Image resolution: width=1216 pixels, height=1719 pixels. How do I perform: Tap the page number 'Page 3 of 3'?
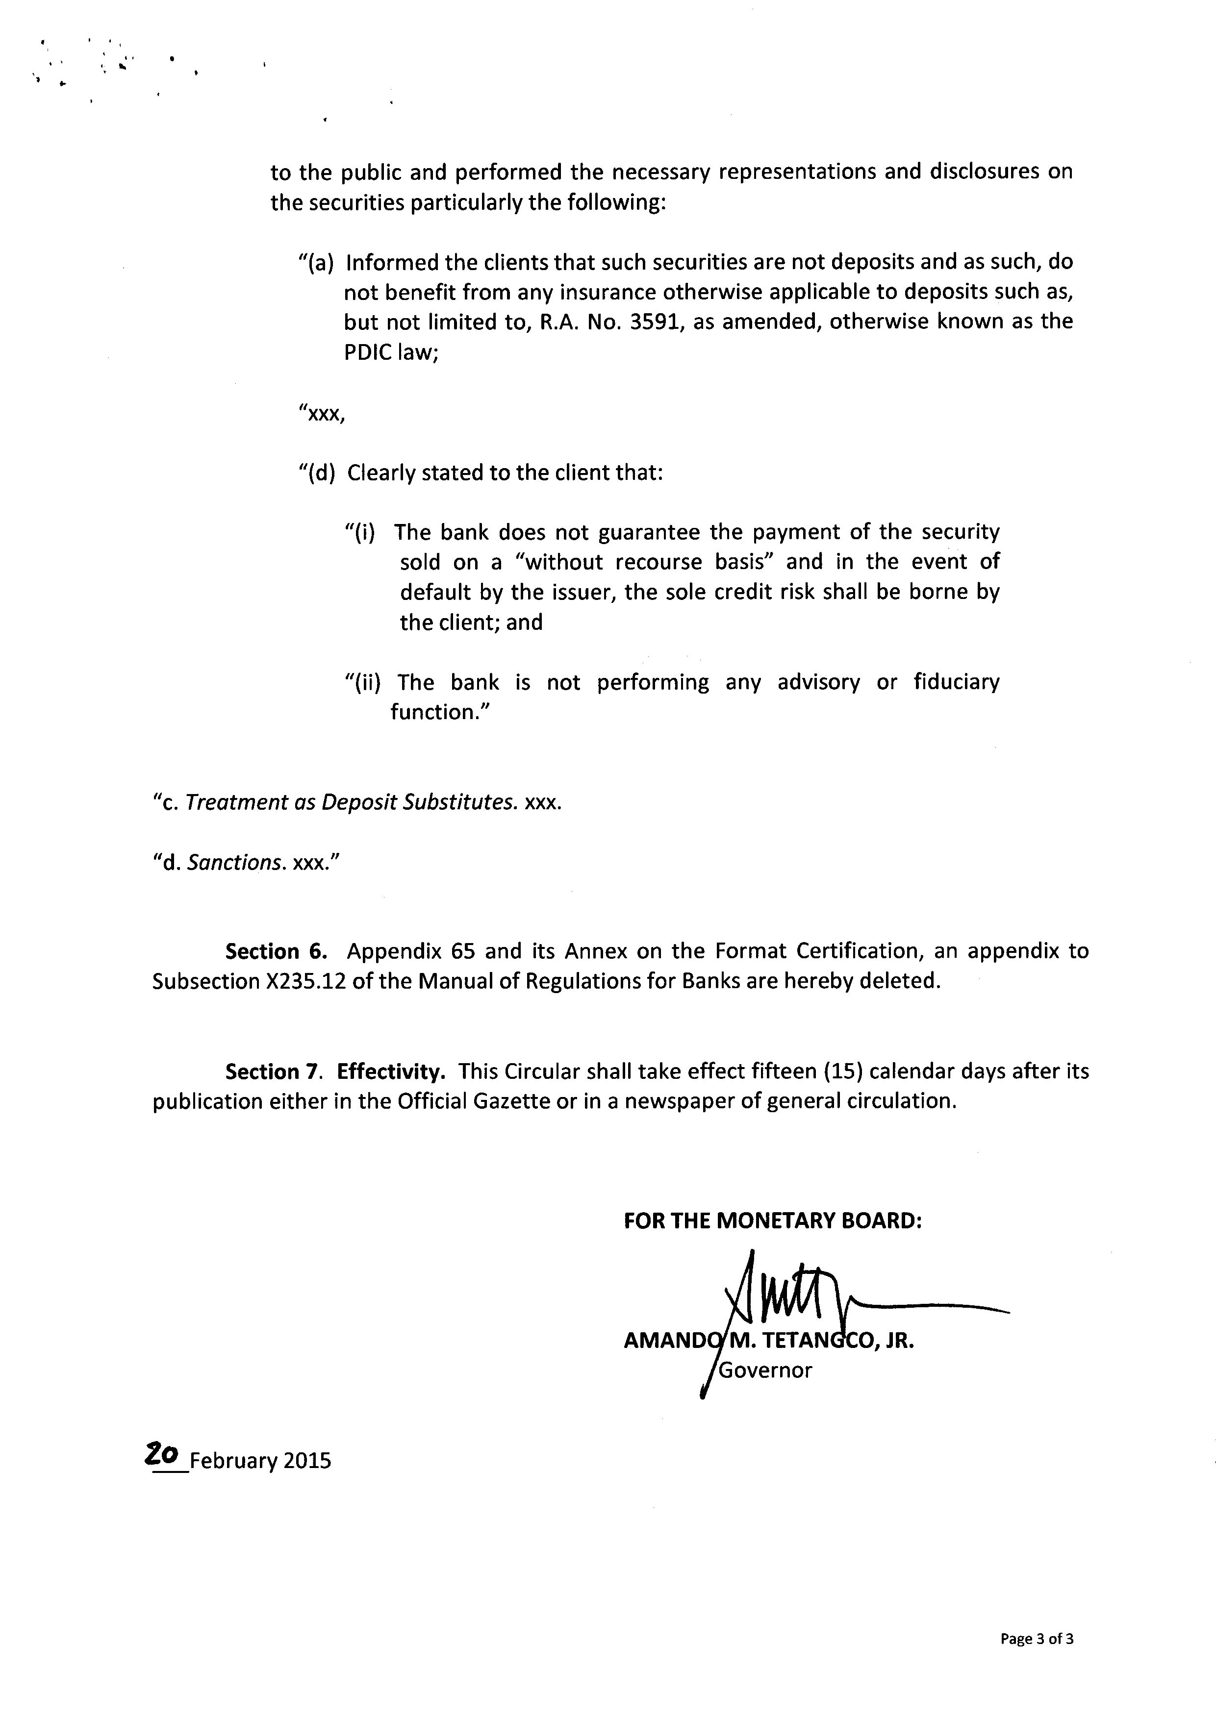point(1037,1639)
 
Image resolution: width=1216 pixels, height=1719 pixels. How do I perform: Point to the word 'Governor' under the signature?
point(764,1370)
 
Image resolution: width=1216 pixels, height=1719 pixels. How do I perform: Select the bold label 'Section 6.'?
point(276,951)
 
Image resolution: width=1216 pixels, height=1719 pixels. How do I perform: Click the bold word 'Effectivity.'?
point(391,1071)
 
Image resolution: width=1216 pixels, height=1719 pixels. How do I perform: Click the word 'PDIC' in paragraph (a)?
point(368,352)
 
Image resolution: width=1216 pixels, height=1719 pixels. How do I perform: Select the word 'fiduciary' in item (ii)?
point(956,682)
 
